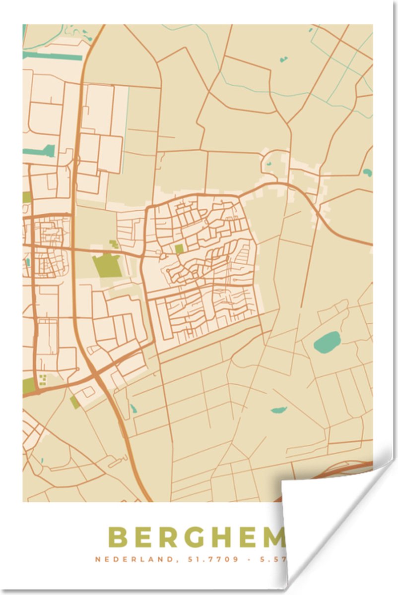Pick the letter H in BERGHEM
(x=223, y=537)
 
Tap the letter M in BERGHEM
(x=272, y=537)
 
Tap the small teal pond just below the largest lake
(x=279, y=410)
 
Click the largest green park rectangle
(x=107, y=266)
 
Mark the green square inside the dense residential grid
(x=179, y=248)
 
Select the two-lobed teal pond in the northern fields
(x=283, y=59)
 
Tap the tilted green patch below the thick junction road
(x=75, y=402)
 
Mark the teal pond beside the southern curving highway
(x=133, y=410)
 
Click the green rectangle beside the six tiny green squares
(x=29, y=386)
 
